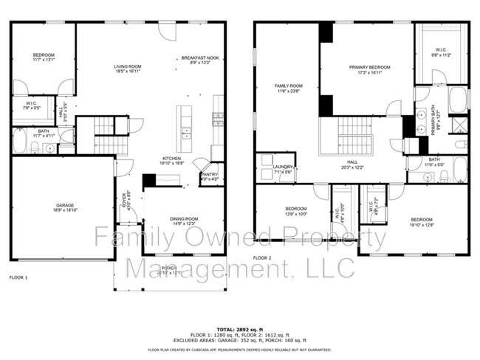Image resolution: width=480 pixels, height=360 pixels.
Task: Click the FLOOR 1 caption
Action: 18,277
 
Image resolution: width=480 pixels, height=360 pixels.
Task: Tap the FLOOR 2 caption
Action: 262,257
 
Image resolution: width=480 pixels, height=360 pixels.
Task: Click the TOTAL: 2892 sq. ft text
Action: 239,329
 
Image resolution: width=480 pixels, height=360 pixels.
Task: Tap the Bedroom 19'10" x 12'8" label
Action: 421,221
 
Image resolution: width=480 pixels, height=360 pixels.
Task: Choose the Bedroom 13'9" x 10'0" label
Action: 295,211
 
